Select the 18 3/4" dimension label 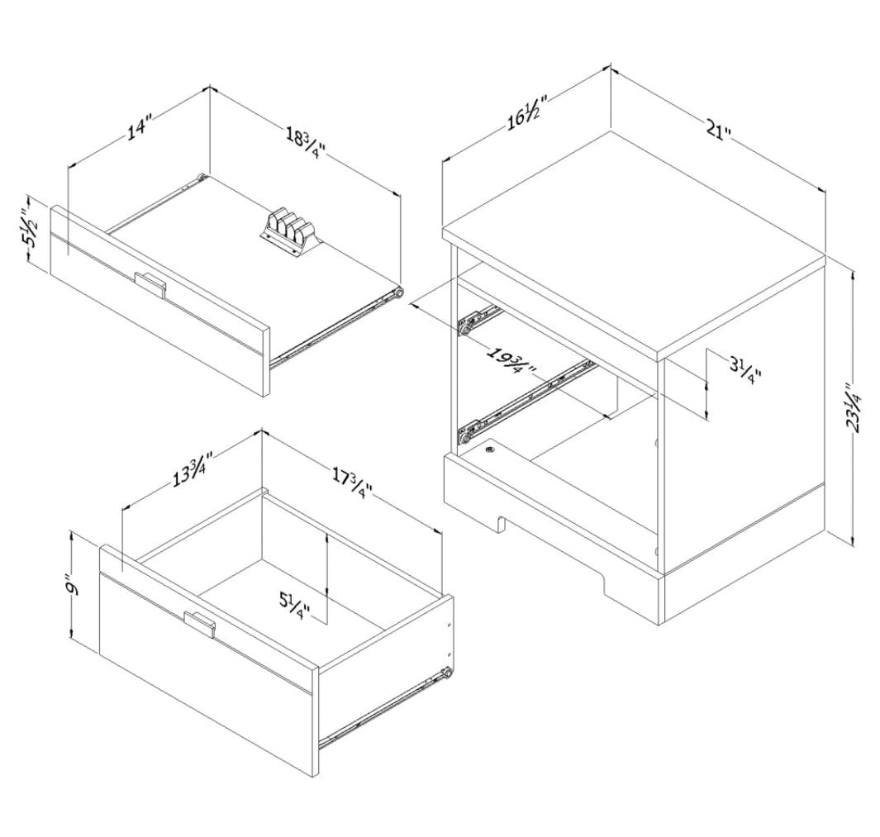point(306,143)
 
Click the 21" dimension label point(719,131)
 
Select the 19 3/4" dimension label point(511,362)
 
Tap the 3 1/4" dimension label point(744,370)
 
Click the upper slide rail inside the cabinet point(479,319)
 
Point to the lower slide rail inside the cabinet point(526,402)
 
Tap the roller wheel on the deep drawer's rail point(447,673)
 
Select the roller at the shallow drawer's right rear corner point(398,293)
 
